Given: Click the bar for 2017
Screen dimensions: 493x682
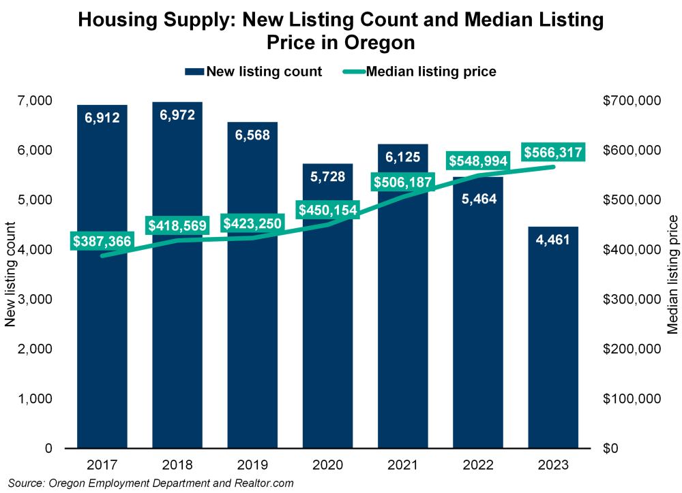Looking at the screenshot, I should coord(102,340).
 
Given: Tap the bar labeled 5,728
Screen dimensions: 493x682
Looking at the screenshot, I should coord(327,340).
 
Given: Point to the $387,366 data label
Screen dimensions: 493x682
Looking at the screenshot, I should coord(102,241).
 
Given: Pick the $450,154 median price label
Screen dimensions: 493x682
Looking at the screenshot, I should coord(327,210).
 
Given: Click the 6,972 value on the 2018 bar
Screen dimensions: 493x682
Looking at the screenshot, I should coord(177,115).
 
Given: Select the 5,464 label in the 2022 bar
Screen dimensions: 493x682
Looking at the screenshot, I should coord(478,199).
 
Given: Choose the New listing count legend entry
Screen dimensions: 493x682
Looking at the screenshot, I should coord(253,71).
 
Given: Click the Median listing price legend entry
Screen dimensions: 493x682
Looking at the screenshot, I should coord(421,71).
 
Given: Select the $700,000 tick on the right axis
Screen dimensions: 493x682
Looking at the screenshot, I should coord(632,101).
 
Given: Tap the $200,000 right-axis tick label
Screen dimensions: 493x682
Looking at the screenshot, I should coord(632,349).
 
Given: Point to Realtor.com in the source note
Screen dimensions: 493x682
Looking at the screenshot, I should coord(261,483).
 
